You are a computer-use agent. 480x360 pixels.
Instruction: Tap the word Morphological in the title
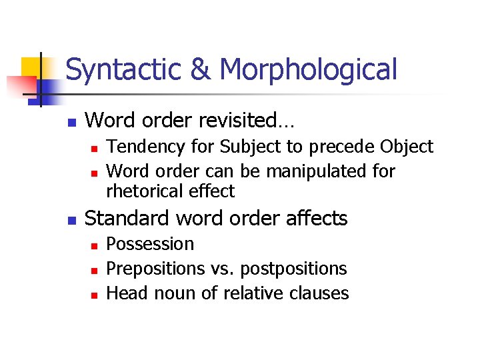coord(307,70)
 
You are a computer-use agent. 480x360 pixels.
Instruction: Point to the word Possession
coord(150,244)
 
